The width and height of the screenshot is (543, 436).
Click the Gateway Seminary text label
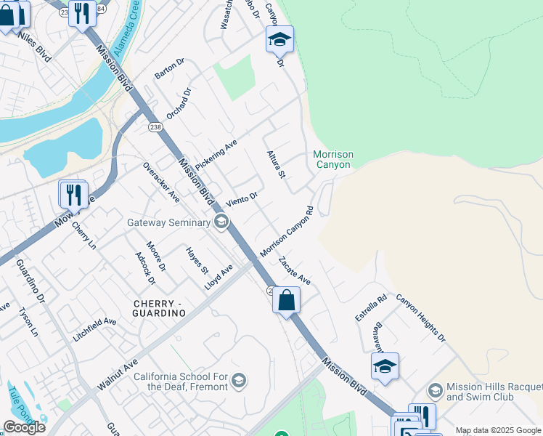[x=169, y=222]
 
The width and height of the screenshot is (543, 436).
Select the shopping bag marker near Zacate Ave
[x=287, y=299]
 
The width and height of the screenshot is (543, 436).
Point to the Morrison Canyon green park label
[x=333, y=159]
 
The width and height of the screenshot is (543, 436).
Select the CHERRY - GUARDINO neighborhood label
[x=159, y=307]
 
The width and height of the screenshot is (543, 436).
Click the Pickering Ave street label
[x=216, y=153]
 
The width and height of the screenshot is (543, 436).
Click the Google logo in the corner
[x=23, y=427]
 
